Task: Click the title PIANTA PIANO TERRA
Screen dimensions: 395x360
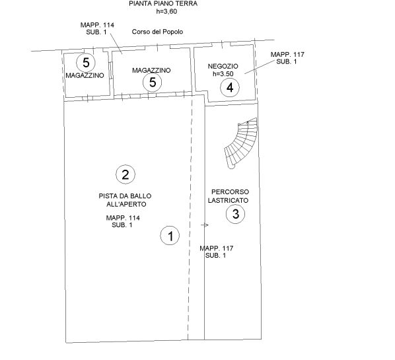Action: click(163, 3)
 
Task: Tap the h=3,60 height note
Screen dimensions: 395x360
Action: click(166, 12)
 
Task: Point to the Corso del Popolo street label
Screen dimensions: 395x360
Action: click(157, 32)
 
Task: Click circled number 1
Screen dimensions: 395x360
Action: click(170, 236)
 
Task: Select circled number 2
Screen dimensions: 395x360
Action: click(126, 174)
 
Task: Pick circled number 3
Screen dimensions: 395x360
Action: click(236, 214)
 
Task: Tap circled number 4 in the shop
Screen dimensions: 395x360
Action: click(230, 87)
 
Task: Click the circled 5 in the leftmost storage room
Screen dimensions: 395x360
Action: click(86, 63)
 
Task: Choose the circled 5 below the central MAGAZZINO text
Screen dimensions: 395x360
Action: click(153, 82)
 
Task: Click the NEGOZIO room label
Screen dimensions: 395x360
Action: click(223, 66)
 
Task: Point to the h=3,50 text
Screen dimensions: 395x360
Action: click(223, 74)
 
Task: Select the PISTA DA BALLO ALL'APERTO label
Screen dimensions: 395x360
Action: click(126, 200)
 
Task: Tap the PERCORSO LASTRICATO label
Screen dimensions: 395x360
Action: click(229, 196)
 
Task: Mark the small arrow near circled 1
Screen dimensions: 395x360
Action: click(205, 225)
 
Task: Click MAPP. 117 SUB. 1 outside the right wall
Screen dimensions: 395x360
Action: click(287, 58)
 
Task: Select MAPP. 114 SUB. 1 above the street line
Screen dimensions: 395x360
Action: click(97, 28)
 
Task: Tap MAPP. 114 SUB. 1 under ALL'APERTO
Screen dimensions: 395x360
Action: click(123, 221)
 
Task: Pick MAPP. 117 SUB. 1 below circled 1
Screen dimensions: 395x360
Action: click(217, 252)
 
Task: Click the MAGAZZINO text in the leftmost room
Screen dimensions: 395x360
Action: click(85, 75)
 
